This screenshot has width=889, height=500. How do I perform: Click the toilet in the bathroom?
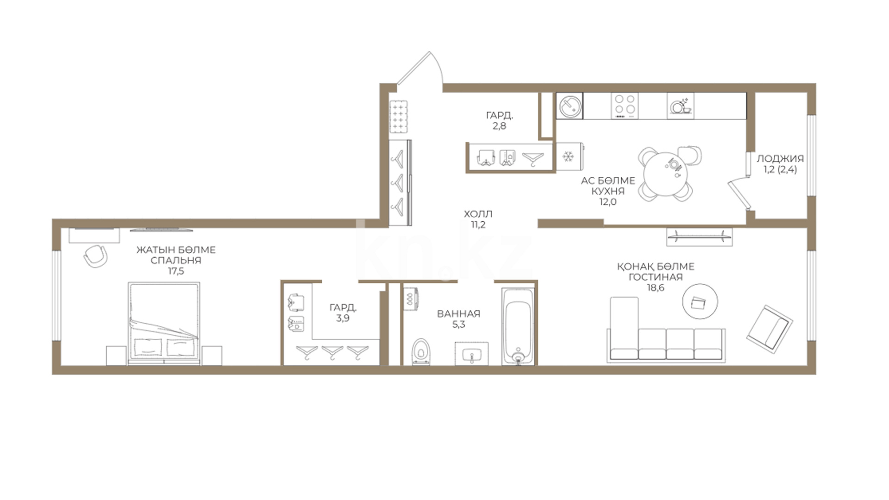[420, 352]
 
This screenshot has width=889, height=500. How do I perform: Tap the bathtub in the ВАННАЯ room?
[519, 326]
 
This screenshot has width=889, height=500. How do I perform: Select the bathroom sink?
[472, 354]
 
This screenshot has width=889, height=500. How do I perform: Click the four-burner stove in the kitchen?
[624, 106]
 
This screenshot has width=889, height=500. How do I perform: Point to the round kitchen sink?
[570, 106]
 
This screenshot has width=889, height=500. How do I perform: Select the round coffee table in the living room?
[700, 301]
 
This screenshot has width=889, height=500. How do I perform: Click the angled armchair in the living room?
[770, 329]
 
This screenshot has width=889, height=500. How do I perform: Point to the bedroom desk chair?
[95, 256]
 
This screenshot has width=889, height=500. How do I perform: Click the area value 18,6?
[655, 287]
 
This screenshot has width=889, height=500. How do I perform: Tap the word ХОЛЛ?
[478, 214]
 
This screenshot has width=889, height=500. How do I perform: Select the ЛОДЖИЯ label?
[780, 158]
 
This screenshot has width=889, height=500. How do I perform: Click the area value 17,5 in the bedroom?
[176, 271]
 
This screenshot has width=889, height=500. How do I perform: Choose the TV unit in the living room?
[700, 237]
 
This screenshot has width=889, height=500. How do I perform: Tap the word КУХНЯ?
[608, 191]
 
